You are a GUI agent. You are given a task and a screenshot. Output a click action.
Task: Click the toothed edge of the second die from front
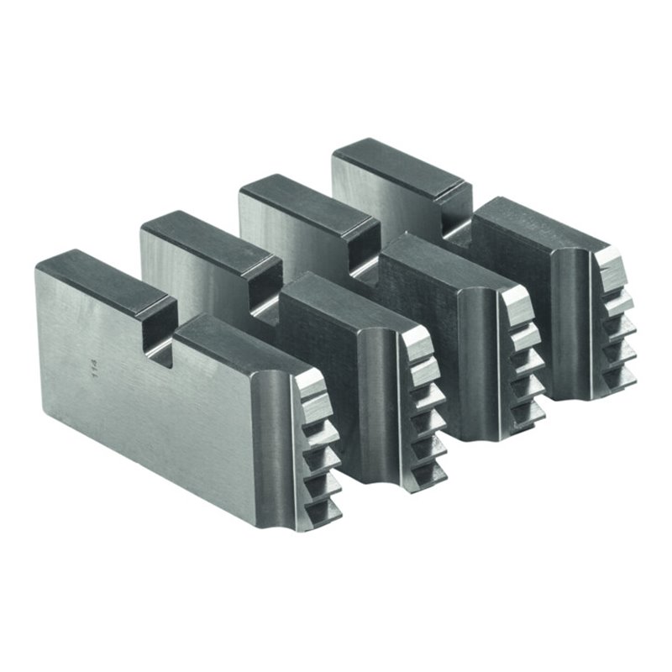coord(420,395)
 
